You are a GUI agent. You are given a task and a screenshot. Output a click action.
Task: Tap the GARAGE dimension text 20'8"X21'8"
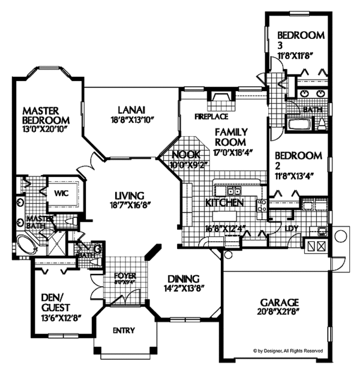[280, 312]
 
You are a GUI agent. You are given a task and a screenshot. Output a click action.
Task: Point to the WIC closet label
[61, 194]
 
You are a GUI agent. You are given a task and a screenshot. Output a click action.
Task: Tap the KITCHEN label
[224, 203]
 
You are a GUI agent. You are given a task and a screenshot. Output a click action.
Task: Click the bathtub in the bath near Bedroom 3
[298, 125]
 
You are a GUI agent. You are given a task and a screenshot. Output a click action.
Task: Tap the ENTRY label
[124, 330]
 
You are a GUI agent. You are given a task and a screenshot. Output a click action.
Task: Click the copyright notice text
[288, 351]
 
